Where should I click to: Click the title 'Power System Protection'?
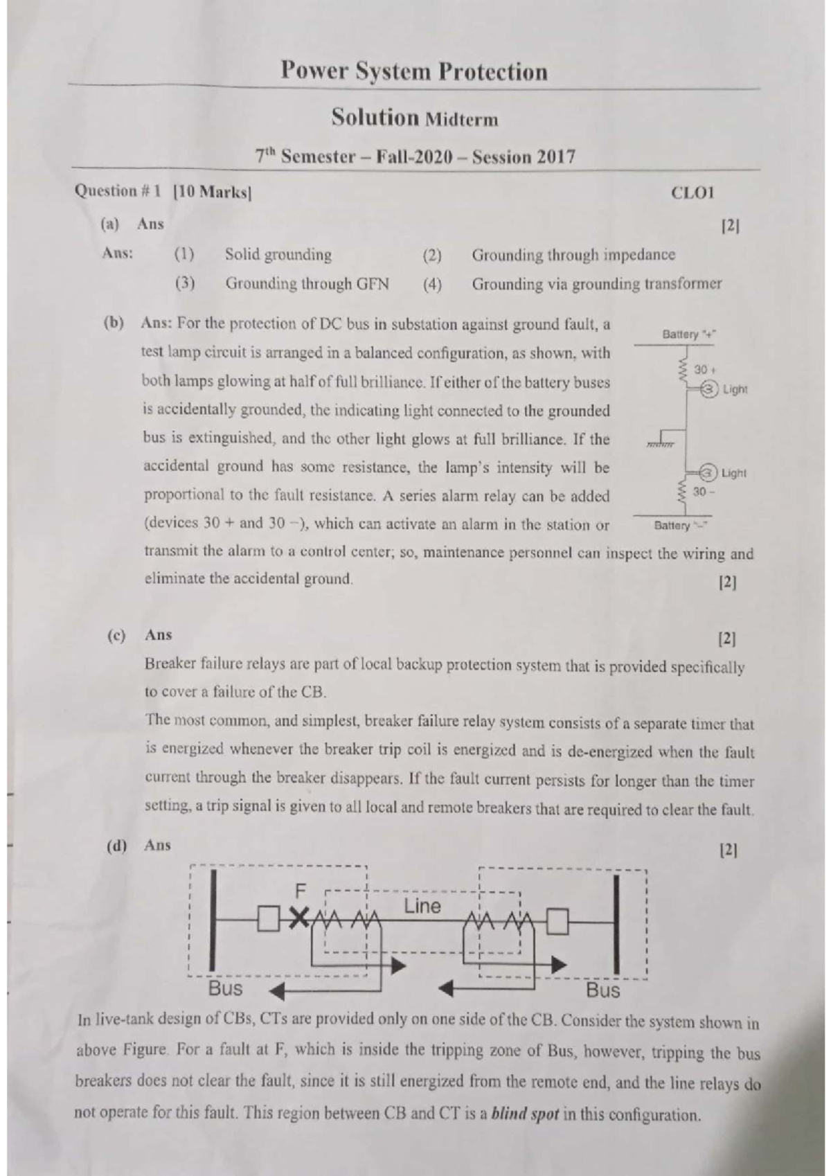pyautogui.click(x=414, y=71)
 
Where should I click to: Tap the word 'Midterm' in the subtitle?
pyautogui.click(x=461, y=120)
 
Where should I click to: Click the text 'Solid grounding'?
pyautogui.click(x=278, y=255)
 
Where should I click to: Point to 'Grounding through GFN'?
pyautogui.click(x=307, y=284)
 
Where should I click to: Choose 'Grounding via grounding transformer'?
pyautogui.click(x=596, y=284)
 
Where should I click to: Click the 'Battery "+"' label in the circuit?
pyautogui.click(x=689, y=334)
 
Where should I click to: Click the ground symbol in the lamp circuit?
pyautogui.click(x=661, y=440)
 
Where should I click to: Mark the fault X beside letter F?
pyautogui.click(x=298, y=918)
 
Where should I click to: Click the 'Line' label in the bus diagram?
pyautogui.click(x=422, y=906)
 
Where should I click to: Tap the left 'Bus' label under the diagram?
pyautogui.click(x=225, y=988)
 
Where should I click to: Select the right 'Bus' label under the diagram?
pyautogui.click(x=602, y=990)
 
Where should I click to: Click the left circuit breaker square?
pyautogui.click(x=268, y=920)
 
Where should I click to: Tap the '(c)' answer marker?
pyautogui.click(x=116, y=635)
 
